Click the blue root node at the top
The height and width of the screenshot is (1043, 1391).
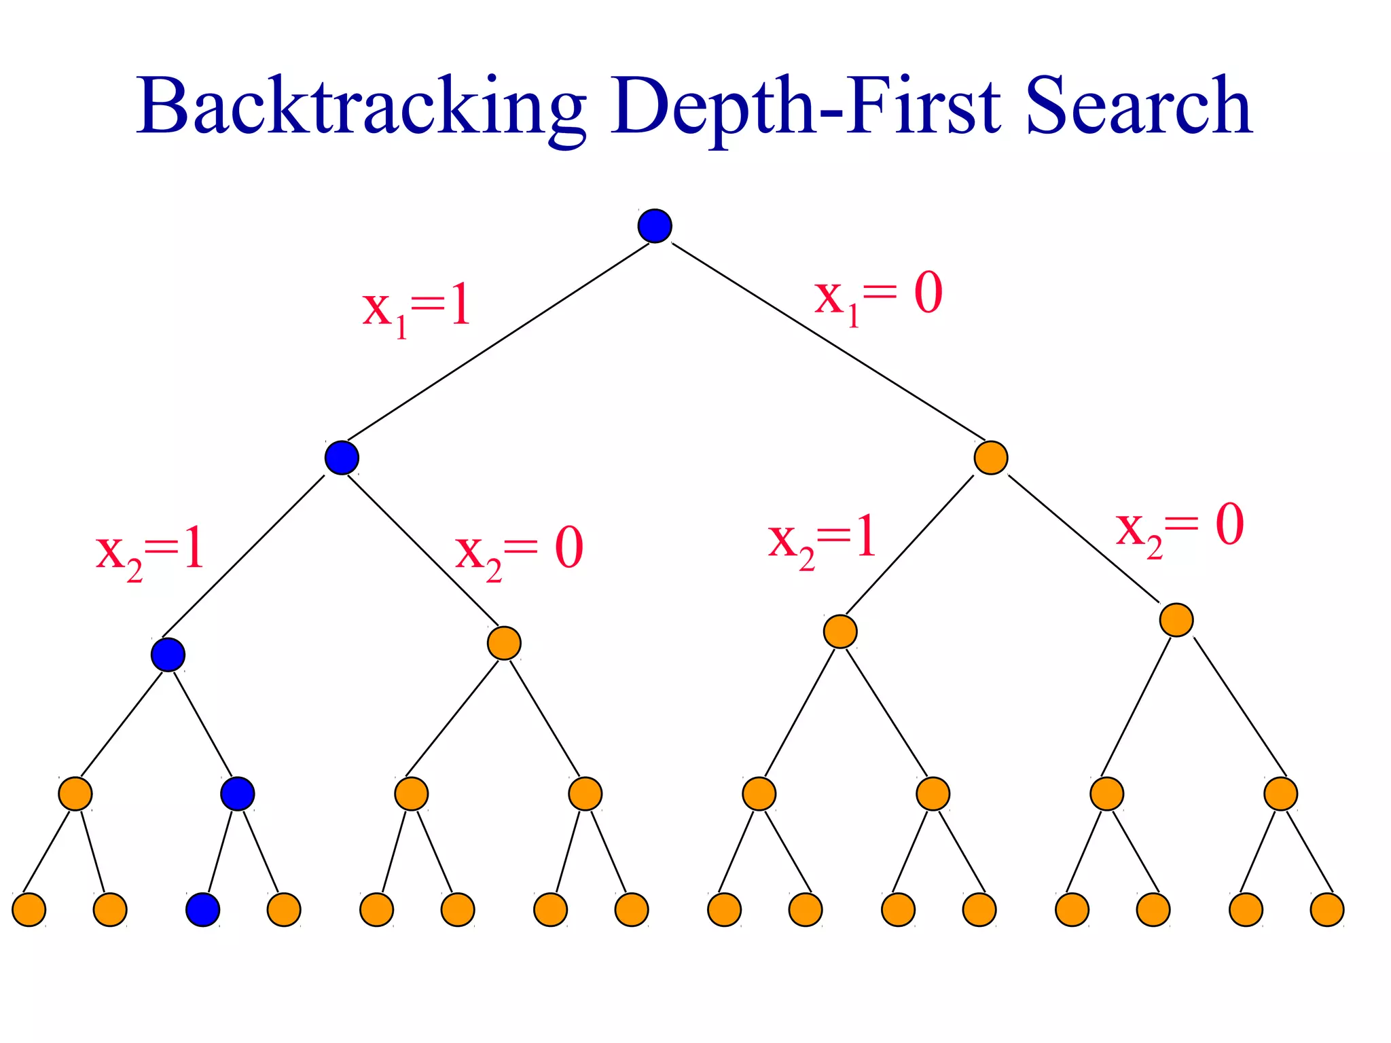pyautogui.click(x=655, y=226)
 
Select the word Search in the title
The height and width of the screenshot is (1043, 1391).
pyautogui.click(x=1138, y=106)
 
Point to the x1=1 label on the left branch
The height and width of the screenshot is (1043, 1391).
pyautogui.click(x=416, y=309)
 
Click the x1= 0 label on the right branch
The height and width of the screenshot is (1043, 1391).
pyautogui.click(x=878, y=296)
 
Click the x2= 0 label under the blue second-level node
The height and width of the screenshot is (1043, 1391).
pyautogui.click(x=519, y=551)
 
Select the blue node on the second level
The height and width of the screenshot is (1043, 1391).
pyautogui.click(x=342, y=458)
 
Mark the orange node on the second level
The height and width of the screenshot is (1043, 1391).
pyautogui.click(x=990, y=458)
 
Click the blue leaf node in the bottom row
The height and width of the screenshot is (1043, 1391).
pyautogui.click(x=203, y=910)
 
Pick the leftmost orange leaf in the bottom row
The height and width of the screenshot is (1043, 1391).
pyautogui.click(x=29, y=910)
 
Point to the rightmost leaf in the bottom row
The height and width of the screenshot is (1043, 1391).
pyautogui.click(x=1327, y=910)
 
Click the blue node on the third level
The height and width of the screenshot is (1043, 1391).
pyautogui.click(x=168, y=655)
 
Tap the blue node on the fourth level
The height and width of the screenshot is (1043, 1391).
pyautogui.click(x=238, y=793)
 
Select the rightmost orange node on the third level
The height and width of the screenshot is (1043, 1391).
pyautogui.click(x=1176, y=620)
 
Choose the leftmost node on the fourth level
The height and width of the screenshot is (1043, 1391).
pyautogui.click(x=75, y=793)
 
